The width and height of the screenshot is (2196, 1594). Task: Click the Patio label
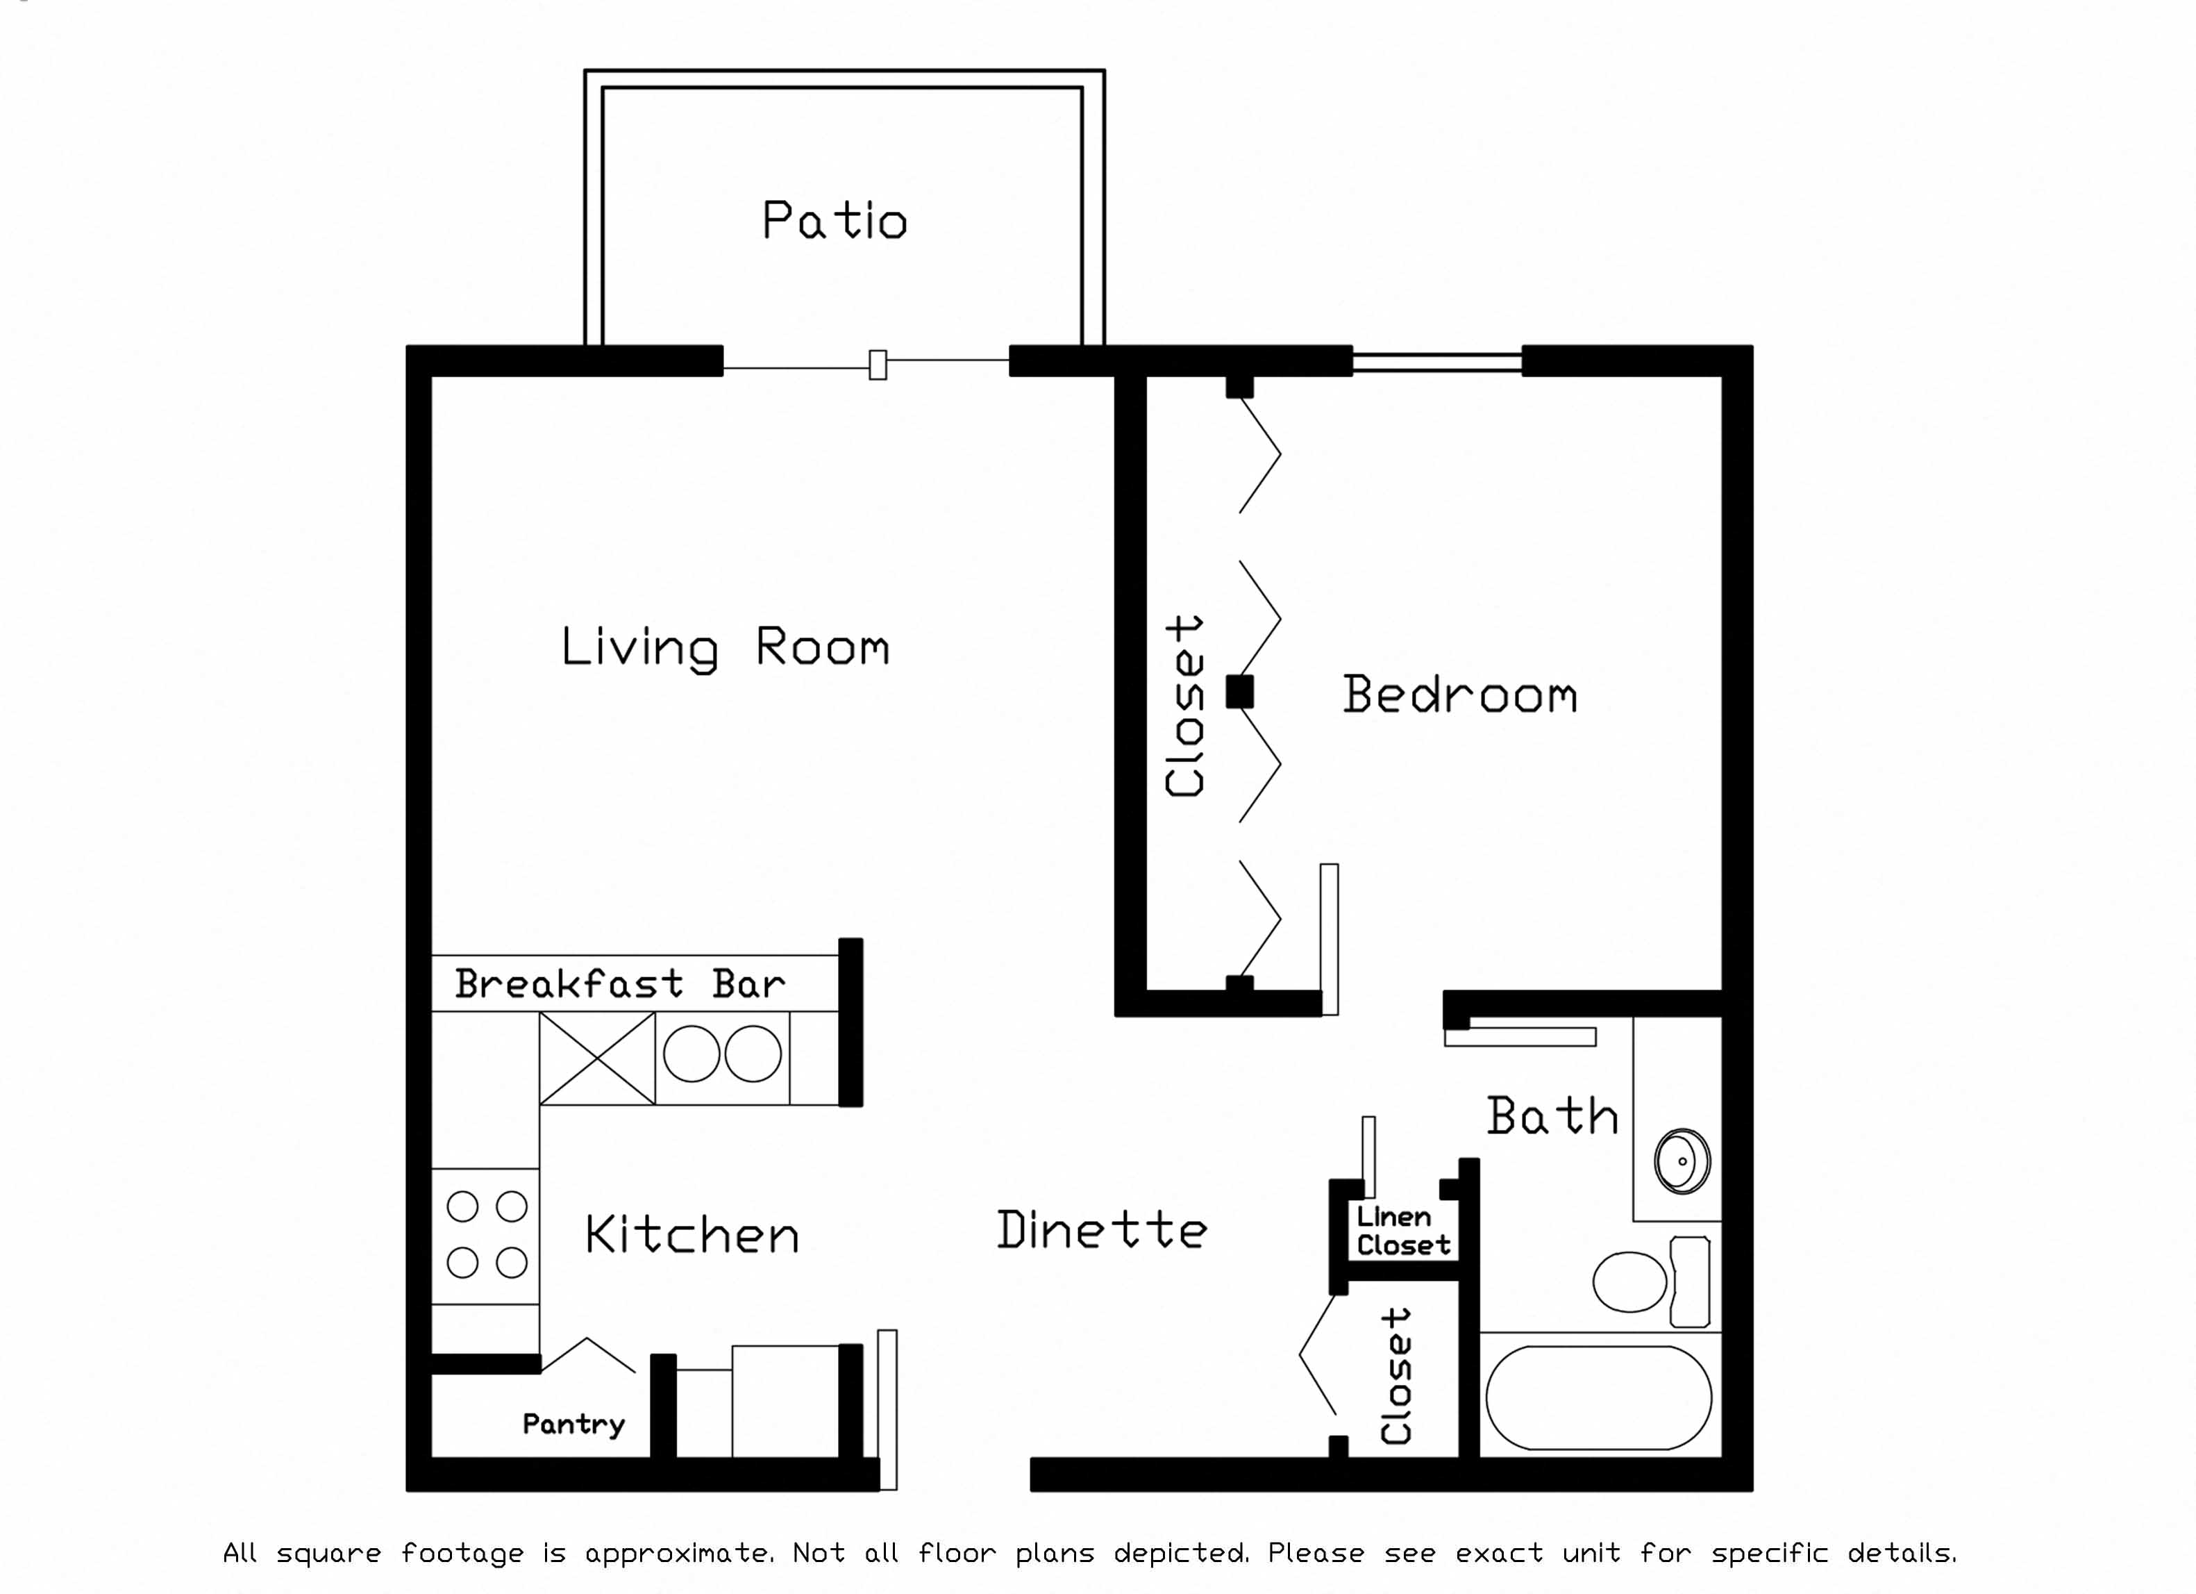click(834, 221)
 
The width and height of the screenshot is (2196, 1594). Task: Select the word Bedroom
click(1459, 695)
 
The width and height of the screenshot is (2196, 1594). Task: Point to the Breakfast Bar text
click(620, 984)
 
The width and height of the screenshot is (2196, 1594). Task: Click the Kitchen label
click(692, 1235)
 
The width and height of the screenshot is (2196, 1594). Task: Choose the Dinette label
click(1102, 1230)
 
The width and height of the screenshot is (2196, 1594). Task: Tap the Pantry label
click(573, 1424)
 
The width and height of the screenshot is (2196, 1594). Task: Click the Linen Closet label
click(1402, 1231)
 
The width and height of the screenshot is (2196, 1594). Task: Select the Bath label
click(1552, 1117)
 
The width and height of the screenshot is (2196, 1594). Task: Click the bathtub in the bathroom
click(1599, 1397)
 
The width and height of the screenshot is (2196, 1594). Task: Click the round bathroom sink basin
click(1682, 1160)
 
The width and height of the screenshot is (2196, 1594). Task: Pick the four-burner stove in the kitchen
click(486, 1235)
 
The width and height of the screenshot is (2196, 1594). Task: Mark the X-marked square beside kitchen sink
click(597, 1058)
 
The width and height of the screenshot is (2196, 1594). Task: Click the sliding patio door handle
click(878, 365)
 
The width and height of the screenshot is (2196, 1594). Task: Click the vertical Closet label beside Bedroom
click(1185, 706)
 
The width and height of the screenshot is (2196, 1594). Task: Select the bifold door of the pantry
click(587, 1355)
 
